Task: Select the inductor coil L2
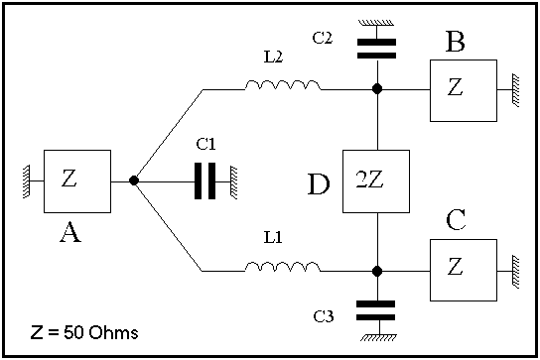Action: pyautogui.click(x=283, y=85)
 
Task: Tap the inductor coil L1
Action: pyautogui.click(x=283, y=267)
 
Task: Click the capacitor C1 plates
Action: pyautogui.click(x=204, y=181)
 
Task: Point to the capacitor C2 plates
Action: pyautogui.click(x=377, y=49)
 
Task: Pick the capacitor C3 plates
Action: pyautogui.click(x=376, y=310)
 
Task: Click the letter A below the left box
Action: pyautogui.click(x=70, y=232)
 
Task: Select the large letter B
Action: pyautogui.click(x=455, y=42)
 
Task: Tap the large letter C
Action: pyautogui.click(x=456, y=219)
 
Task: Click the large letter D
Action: pyautogui.click(x=319, y=184)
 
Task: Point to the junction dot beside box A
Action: pyautogui.click(x=134, y=180)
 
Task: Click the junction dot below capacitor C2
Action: pyautogui.click(x=377, y=89)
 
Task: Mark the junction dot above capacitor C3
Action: pyautogui.click(x=377, y=271)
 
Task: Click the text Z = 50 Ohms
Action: pyautogui.click(x=84, y=332)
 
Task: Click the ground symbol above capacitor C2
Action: pyautogui.click(x=376, y=23)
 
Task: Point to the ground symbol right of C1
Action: pyautogui.click(x=234, y=182)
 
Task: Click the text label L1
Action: pyautogui.click(x=273, y=237)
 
